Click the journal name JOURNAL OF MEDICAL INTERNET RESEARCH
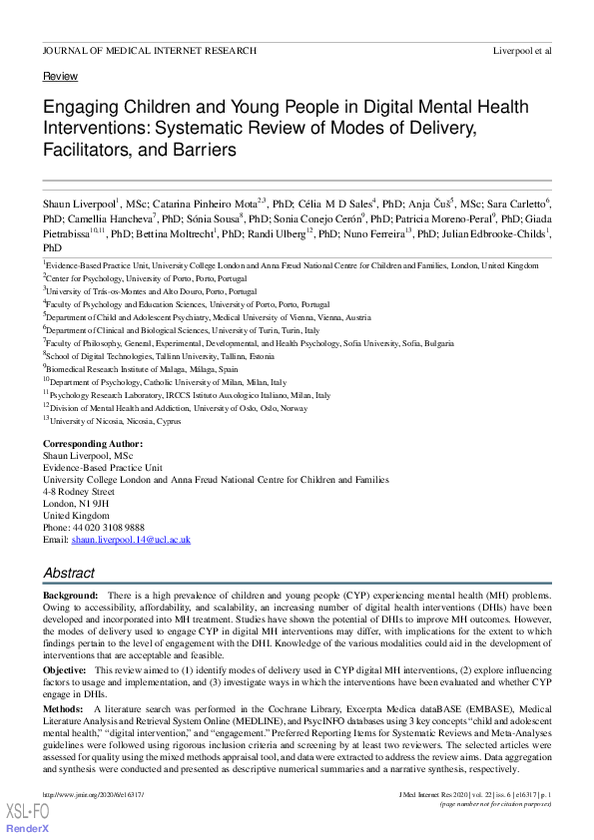pos(150,50)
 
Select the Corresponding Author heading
pos(93,444)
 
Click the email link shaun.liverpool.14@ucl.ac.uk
pos(130,539)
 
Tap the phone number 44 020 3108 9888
pos(109,527)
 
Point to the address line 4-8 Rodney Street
pos(79,492)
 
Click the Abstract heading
pos(69,574)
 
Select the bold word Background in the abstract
pos(69,594)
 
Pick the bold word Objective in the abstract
pos(65,670)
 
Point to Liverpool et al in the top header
pos(522,50)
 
